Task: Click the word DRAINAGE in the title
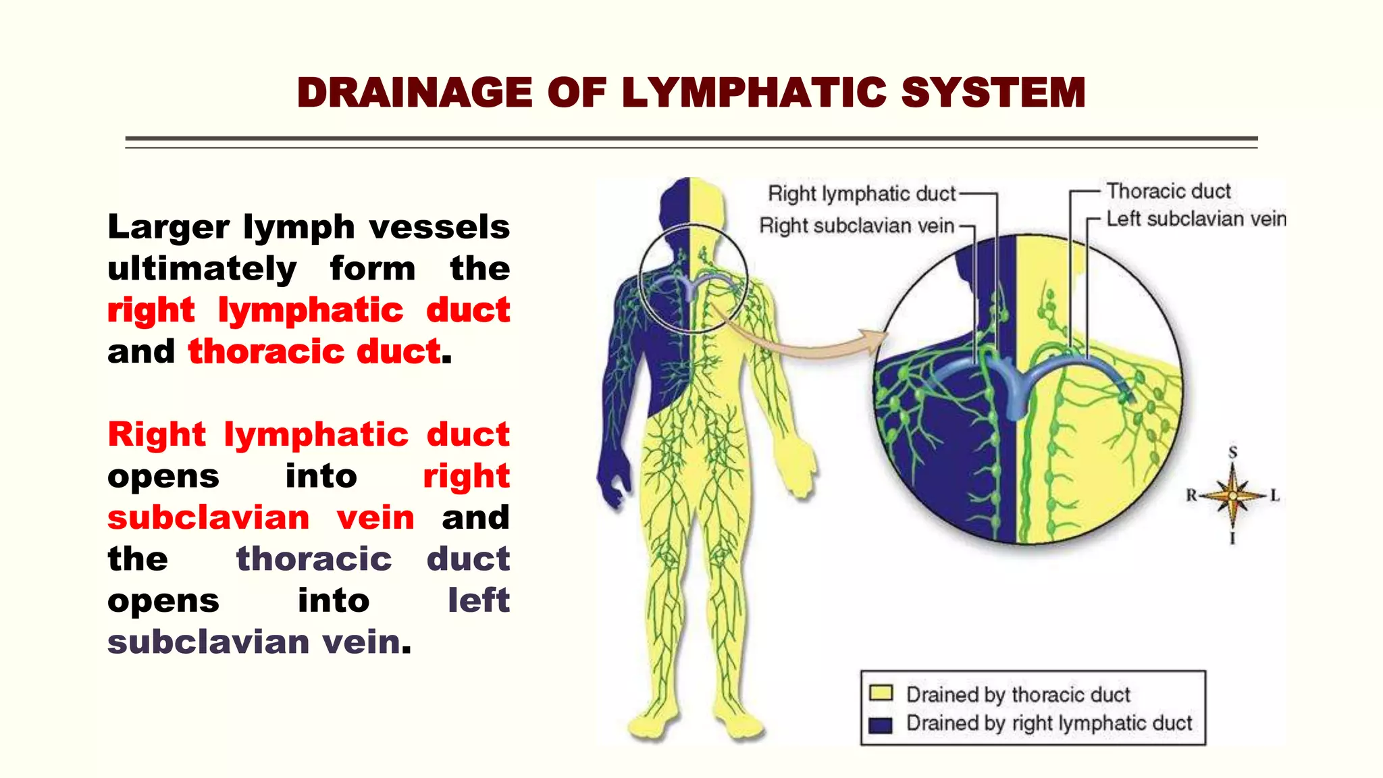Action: (415, 93)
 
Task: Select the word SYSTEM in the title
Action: (993, 93)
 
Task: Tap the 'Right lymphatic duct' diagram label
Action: (862, 194)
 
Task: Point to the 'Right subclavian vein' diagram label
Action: (856, 226)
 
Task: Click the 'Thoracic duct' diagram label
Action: (1168, 191)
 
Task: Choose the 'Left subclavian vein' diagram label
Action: (1196, 219)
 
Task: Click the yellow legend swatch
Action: (881, 694)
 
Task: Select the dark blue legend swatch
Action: (881, 725)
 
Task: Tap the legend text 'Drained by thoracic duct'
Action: (1018, 694)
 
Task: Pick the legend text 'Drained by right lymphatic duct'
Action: (1049, 723)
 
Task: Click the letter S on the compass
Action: (1233, 452)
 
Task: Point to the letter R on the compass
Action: (1191, 496)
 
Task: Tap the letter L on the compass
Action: (1275, 496)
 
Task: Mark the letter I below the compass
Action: (1232, 538)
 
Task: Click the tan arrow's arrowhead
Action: (875, 338)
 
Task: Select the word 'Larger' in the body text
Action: (168, 228)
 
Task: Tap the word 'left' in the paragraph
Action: (478, 600)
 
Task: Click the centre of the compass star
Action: (1233, 496)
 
